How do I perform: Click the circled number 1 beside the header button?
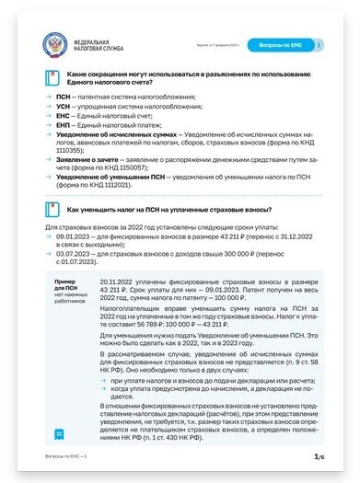click(x=318, y=44)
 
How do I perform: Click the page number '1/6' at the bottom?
click(x=318, y=457)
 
